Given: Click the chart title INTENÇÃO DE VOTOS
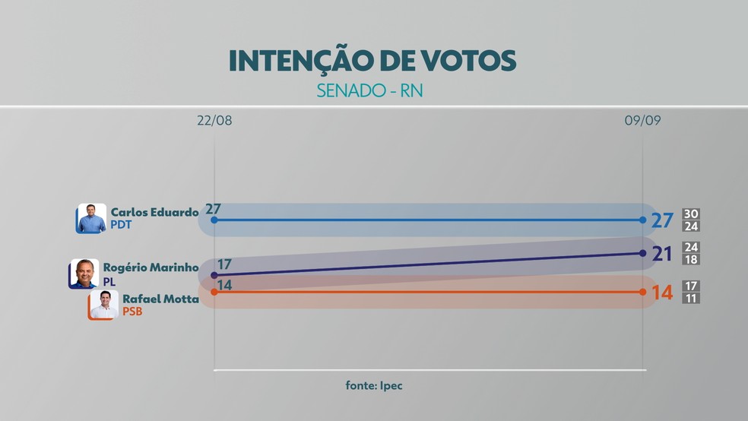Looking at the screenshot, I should pyautogui.click(x=372, y=61).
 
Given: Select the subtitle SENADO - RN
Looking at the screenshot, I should pyautogui.click(x=371, y=91).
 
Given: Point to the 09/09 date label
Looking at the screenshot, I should pyautogui.click(x=642, y=121).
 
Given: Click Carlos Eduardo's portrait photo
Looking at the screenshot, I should pyautogui.click(x=92, y=218).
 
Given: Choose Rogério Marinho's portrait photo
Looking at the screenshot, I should pyautogui.click(x=84, y=274).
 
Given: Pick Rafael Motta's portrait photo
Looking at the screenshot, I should pyautogui.click(x=103, y=305).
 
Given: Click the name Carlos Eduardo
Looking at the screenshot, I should pyautogui.click(x=154, y=212).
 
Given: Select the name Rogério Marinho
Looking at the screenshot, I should pyautogui.click(x=151, y=267).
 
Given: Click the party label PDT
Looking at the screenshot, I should pyautogui.click(x=122, y=225).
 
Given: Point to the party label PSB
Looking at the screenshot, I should pyautogui.click(x=133, y=312).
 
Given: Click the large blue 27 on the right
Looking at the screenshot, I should pyautogui.click(x=662, y=220).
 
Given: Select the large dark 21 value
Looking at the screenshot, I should pyautogui.click(x=662, y=254).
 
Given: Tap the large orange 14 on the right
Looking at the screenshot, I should pyautogui.click(x=662, y=293).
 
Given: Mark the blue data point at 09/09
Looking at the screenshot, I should pyautogui.click(x=643, y=220).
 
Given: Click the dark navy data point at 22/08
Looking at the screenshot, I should pyautogui.click(x=214, y=275).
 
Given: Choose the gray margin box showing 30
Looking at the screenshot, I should pyautogui.click(x=691, y=214).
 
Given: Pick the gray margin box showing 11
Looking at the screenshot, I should pyautogui.click(x=691, y=299).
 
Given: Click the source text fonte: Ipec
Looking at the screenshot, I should pyautogui.click(x=373, y=385).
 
